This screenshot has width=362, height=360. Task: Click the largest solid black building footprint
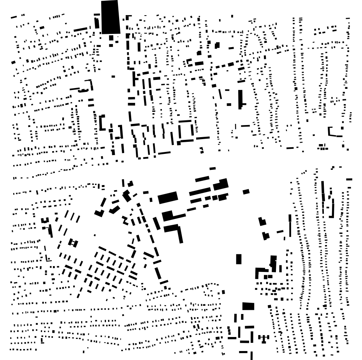110,17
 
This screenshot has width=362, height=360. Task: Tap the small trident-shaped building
264,338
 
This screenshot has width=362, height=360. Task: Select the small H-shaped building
73,243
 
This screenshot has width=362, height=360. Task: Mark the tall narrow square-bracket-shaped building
102,122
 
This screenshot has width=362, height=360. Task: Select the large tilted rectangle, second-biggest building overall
168,198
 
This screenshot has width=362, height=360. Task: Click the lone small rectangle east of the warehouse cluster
246,192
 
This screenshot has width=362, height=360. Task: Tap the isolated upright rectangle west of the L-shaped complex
239,259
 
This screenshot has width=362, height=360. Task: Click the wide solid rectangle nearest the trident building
248,306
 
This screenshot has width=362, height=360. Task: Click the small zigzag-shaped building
125,220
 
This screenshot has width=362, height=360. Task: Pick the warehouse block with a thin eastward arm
171,216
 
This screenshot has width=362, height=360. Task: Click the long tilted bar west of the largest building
81,29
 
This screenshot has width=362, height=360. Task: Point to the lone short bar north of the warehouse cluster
213,169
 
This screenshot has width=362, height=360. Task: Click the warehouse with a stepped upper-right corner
221,184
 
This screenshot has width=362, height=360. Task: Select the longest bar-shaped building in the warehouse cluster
200,192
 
